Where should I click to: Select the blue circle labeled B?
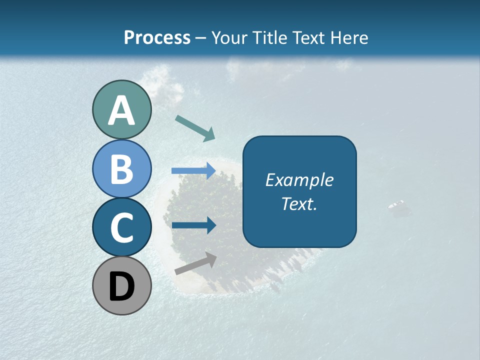pos(121,168)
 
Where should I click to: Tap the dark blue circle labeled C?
pos(121,228)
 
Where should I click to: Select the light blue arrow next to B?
pos(193,171)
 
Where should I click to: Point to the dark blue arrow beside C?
pos(193,225)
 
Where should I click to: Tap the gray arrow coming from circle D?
pos(195,263)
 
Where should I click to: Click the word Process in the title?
pos(157,37)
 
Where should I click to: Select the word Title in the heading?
pos(269,37)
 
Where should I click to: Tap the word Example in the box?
pos(299,180)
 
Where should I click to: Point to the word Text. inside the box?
pos(299,203)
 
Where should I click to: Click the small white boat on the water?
pos(396,205)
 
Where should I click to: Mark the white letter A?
pos(121,111)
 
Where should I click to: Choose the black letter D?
pos(121,287)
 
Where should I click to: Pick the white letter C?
pos(121,228)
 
